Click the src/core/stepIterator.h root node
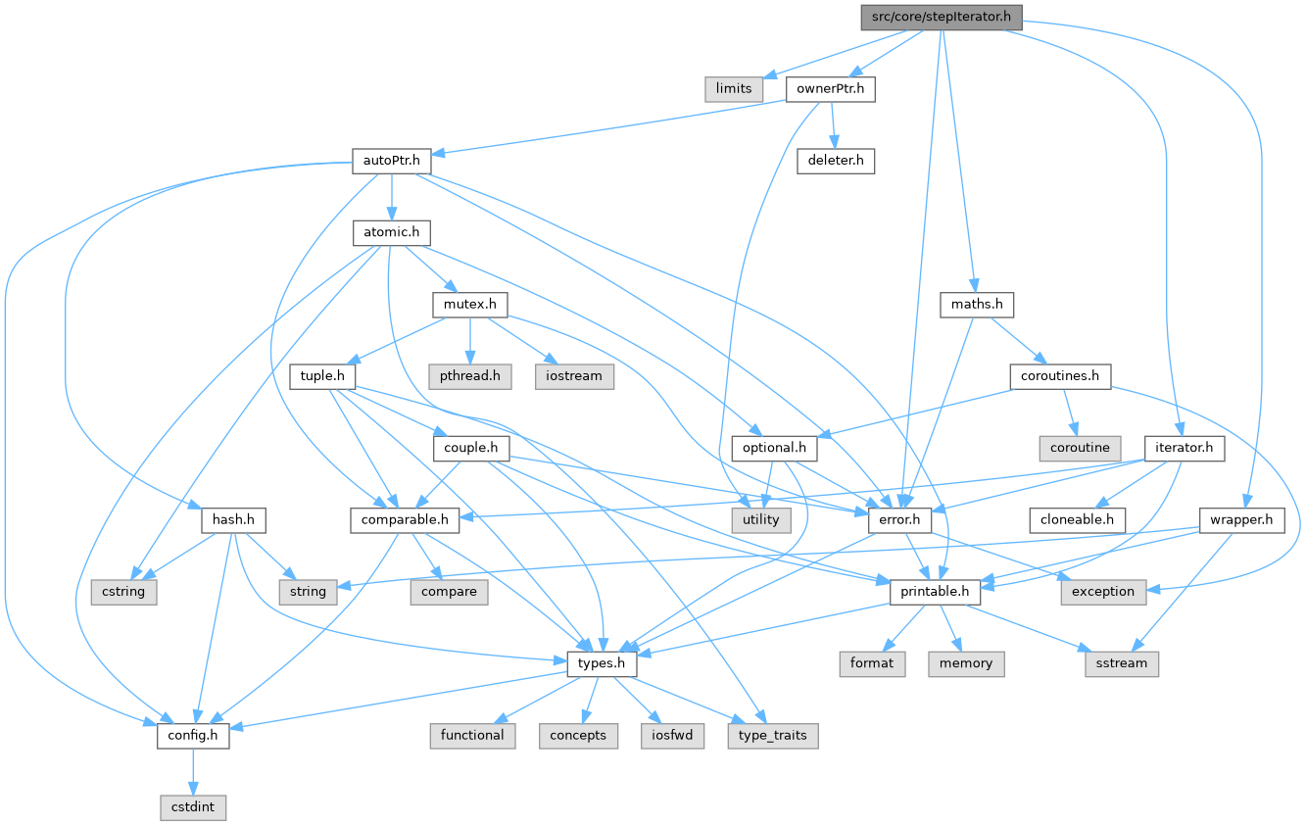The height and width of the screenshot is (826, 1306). click(942, 18)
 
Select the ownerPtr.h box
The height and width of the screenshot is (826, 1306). click(829, 89)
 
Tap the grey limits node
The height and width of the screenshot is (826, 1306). click(733, 89)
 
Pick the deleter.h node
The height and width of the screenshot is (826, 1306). click(835, 161)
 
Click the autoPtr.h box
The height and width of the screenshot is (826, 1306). click(391, 161)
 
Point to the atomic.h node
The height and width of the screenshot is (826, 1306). click(391, 233)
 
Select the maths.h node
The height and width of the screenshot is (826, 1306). click(976, 305)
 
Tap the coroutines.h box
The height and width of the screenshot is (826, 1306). click(1059, 376)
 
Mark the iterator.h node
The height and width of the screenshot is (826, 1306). click(1184, 448)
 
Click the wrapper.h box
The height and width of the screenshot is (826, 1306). click(1241, 520)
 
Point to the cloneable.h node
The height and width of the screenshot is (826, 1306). click(1077, 520)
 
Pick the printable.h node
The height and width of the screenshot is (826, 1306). click(935, 592)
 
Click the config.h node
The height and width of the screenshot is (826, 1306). click(193, 735)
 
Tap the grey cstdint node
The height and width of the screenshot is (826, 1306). click(193, 807)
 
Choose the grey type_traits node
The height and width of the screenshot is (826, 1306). click(773, 735)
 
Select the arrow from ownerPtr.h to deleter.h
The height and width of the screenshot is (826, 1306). click(833, 125)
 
